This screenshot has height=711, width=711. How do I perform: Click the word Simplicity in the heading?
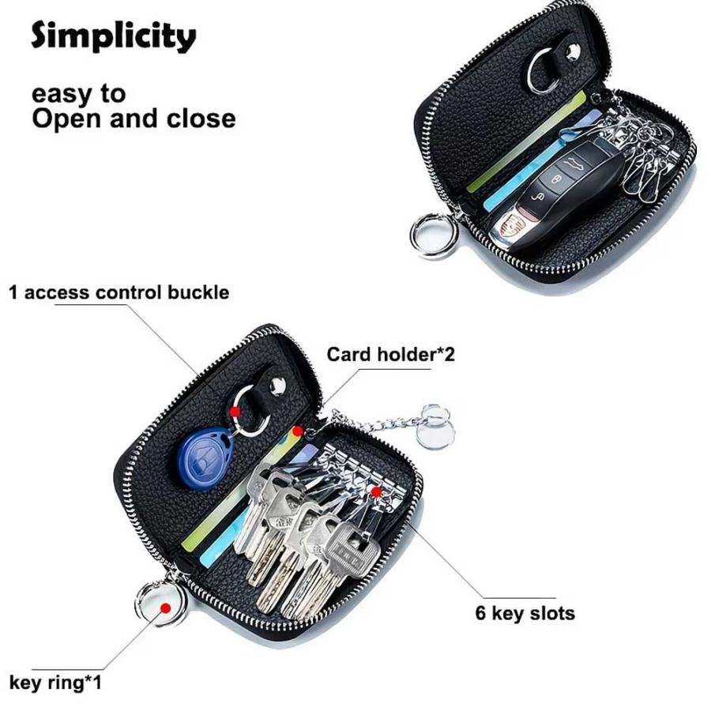point(113,36)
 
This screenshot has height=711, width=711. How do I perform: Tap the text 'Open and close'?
point(134,118)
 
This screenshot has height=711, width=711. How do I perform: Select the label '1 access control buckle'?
point(118,292)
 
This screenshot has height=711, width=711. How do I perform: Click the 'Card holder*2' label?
point(390,355)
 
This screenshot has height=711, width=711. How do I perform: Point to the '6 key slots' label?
point(525,613)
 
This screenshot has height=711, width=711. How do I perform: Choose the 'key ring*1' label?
point(55,682)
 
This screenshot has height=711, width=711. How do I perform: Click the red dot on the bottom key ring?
point(166,608)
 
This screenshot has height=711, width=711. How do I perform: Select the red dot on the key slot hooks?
point(376,491)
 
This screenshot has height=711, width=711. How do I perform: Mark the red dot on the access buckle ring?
point(235,412)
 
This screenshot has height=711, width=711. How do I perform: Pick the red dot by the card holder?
point(298,431)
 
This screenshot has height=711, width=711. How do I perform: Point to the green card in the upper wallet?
point(526,141)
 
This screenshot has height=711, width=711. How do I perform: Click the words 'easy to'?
point(78,94)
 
